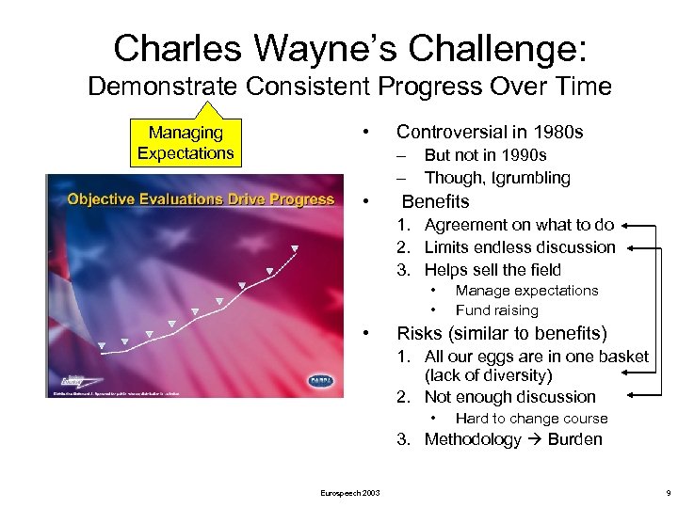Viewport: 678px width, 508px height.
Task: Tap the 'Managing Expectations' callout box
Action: (186, 143)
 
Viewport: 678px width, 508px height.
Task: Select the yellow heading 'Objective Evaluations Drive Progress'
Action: (201, 198)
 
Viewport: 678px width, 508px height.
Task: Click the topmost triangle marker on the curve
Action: (294, 249)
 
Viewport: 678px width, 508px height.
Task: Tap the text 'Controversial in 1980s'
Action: (490, 132)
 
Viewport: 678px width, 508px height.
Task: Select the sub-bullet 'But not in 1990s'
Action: (485, 155)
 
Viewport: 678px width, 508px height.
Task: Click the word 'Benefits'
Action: (435, 201)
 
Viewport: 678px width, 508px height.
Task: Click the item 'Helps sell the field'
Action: (492, 270)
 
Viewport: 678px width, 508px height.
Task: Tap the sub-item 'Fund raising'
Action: (496, 310)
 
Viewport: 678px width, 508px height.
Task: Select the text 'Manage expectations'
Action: (526, 291)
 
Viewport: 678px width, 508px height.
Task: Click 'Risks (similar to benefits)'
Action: (502, 334)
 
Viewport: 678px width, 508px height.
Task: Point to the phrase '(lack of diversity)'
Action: (488, 375)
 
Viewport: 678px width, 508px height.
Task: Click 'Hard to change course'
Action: (531, 419)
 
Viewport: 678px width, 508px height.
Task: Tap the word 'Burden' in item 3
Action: (574, 439)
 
